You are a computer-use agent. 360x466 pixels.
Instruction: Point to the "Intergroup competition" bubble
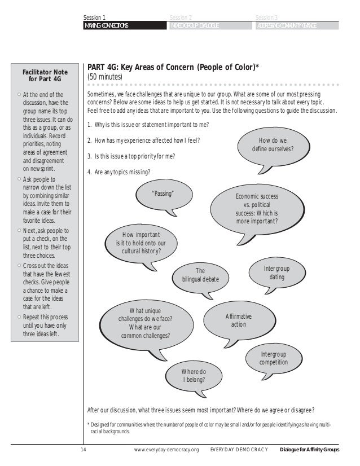point(273,358)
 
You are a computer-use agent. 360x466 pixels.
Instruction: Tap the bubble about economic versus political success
point(256,208)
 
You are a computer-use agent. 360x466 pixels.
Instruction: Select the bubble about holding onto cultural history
point(141,243)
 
